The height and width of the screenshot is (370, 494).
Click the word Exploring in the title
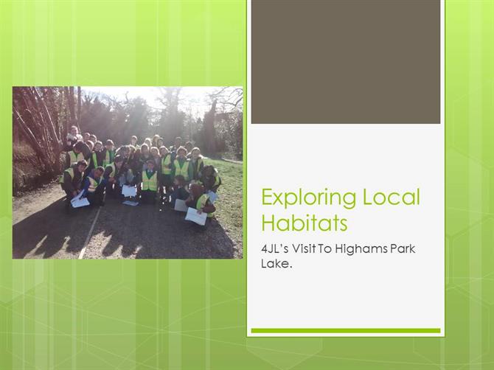point(309,198)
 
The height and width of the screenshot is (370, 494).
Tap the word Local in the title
point(392,197)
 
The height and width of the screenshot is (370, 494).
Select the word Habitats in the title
point(305,223)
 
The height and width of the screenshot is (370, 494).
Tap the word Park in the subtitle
point(403,249)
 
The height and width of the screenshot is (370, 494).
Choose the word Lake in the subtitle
point(275,263)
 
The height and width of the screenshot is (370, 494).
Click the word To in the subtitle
point(324,249)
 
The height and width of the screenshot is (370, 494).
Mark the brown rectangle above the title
point(346,62)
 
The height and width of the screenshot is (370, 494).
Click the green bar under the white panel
point(346,331)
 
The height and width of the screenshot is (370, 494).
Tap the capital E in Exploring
point(268,197)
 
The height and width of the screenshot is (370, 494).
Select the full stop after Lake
point(291,268)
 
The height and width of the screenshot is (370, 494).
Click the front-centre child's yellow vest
point(150,181)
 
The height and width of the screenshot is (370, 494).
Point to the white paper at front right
point(195,216)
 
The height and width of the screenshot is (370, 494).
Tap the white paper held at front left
point(80,200)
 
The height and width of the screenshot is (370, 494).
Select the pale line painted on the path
point(90,233)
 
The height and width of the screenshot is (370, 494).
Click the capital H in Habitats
point(268,223)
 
